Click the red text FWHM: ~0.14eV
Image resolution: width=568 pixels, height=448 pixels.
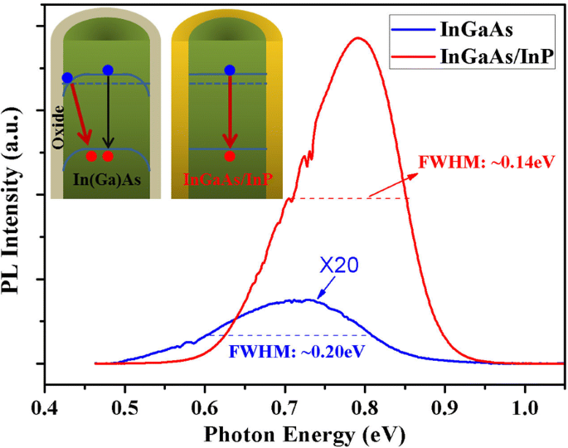[x=485, y=163]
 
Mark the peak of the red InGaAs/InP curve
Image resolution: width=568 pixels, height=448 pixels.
[x=358, y=38]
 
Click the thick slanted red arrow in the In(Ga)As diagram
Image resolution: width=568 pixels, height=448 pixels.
[x=80, y=115]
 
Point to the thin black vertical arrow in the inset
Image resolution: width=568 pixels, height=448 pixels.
[x=108, y=112]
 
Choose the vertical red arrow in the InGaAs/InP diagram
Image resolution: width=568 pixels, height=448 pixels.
[x=230, y=112]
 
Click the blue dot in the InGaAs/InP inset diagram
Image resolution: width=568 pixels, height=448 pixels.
[x=230, y=71]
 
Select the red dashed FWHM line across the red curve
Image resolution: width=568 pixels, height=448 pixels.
[x=348, y=198]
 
